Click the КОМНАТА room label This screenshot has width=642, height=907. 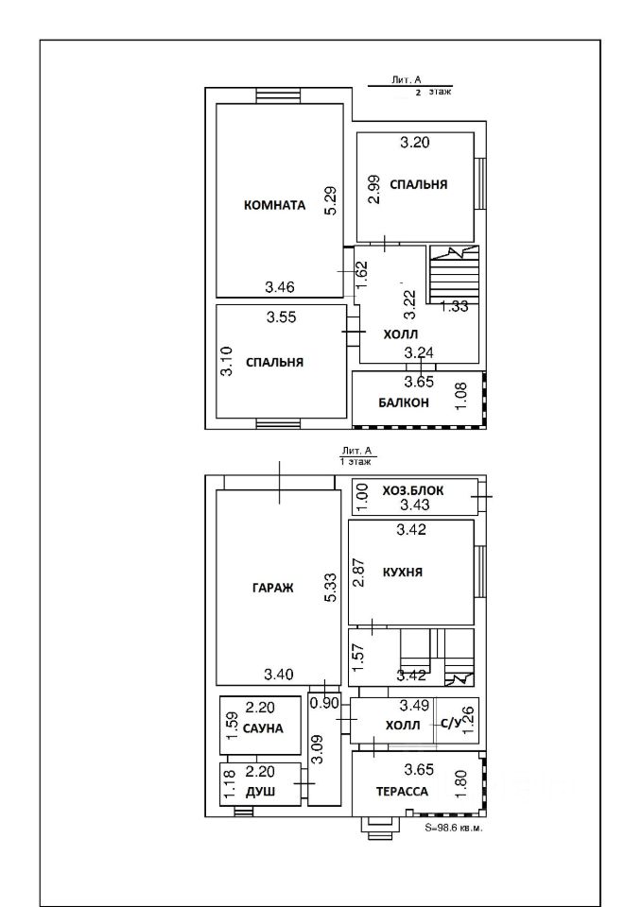(274, 205)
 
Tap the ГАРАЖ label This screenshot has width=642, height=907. (272, 588)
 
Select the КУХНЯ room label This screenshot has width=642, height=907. (403, 573)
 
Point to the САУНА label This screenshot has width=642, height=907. (263, 728)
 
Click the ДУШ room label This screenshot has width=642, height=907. (261, 792)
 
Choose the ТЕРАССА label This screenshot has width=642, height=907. (403, 792)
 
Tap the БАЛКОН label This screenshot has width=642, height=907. (404, 402)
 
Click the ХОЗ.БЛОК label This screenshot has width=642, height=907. (413, 490)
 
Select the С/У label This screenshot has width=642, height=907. (451, 723)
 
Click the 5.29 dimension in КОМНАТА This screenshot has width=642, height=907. (331, 200)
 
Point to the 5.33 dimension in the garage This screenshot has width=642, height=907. (331, 588)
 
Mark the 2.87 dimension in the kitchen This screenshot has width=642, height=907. (359, 573)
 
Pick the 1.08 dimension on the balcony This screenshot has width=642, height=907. (461, 396)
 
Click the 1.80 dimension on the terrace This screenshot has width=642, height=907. (461, 784)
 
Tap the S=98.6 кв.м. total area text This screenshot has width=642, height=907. (454, 828)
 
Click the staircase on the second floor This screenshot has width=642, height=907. (455, 274)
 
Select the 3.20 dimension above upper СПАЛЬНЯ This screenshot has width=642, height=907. (415, 143)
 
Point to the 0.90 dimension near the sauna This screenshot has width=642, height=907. (324, 703)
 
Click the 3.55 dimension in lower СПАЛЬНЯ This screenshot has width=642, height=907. (282, 317)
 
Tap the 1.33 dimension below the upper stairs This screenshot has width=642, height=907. (455, 306)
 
